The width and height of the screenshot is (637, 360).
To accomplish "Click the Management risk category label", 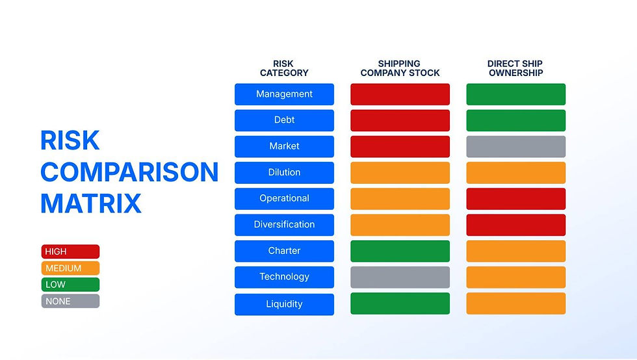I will pyautogui.click(x=284, y=94).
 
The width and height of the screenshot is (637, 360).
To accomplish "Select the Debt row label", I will pyautogui.click(x=284, y=120).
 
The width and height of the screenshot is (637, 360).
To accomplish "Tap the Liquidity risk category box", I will pyautogui.click(x=284, y=304).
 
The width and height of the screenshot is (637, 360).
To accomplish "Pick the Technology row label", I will pyautogui.click(x=284, y=277).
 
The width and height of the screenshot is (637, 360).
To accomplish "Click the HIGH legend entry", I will pyautogui.click(x=70, y=251).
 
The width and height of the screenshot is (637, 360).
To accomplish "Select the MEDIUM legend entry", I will pyautogui.click(x=70, y=268).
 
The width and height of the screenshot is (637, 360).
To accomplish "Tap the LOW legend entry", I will pyautogui.click(x=70, y=285).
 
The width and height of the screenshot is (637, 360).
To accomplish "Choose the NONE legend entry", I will pyautogui.click(x=70, y=301).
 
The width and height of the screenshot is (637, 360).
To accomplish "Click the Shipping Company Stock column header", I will pyautogui.click(x=400, y=68).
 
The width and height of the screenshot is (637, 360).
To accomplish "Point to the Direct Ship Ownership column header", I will pyautogui.click(x=515, y=68).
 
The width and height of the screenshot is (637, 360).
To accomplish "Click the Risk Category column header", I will pyautogui.click(x=284, y=68).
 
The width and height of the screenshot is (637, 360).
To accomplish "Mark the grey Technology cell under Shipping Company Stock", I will pyautogui.click(x=400, y=277).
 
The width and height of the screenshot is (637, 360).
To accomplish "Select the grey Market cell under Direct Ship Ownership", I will pyautogui.click(x=515, y=146).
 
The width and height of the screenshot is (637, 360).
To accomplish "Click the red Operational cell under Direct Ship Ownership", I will pyautogui.click(x=515, y=199).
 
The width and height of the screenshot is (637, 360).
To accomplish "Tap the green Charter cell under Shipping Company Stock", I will pyautogui.click(x=400, y=251).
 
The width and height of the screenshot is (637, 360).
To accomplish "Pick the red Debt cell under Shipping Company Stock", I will pyautogui.click(x=400, y=120).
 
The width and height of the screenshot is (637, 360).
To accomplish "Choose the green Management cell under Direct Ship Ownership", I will pyautogui.click(x=515, y=94).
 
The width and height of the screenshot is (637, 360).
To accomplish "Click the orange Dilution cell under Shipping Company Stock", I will pyautogui.click(x=400, y=172).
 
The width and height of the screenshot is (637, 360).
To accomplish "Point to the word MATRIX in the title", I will pyautogui.click(x=91, y=203).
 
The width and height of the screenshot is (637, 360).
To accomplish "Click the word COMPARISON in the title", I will pyautogui.click(x=129, y=172).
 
